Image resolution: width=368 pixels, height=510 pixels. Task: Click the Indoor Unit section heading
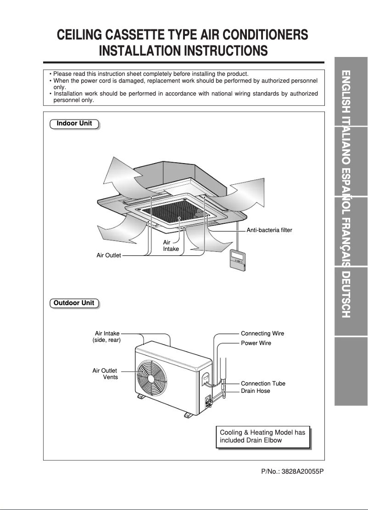pos(74,124)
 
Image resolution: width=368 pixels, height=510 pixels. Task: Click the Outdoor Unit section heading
pos(74,303)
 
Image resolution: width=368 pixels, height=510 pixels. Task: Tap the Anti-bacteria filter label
pos(269,230)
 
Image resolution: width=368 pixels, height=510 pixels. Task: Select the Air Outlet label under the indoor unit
pos(109,255)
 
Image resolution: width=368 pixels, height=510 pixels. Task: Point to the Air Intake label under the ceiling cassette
pos(171,245)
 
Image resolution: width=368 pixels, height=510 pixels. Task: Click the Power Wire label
pos(256,343)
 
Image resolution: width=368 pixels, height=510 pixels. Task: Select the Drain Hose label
pos(256,391)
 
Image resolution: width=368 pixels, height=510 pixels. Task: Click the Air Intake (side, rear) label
pos(107,337)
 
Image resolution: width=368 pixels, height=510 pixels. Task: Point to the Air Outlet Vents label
pos(106,374)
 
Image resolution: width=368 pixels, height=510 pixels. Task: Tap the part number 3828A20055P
pos(292,472)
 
